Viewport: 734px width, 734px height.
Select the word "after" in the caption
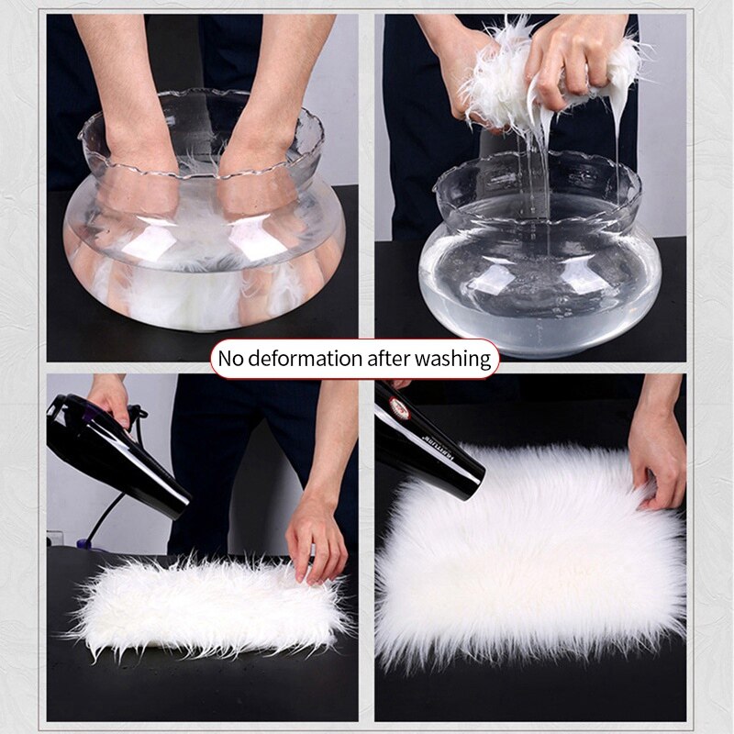[x=395, y=358]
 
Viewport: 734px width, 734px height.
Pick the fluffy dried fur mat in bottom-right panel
[x=532, y=560]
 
